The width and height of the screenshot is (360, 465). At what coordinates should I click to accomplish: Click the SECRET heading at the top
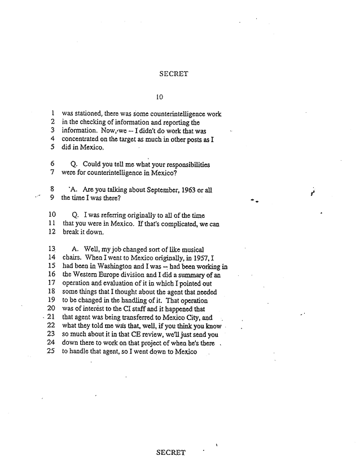coord(174,73)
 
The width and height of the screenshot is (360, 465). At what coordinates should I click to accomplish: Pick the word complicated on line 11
coord(165,224)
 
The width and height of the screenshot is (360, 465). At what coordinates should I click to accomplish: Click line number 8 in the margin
coord(52,190)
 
